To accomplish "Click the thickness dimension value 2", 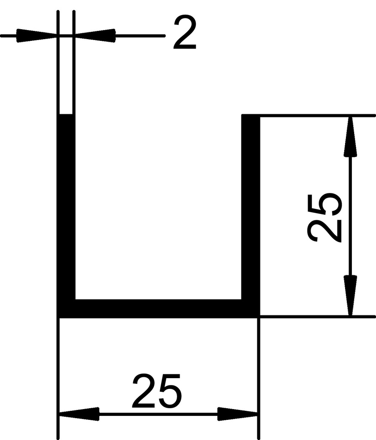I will tap(185, 33).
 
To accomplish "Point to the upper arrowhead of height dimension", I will tap(351, 136).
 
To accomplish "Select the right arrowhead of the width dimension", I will tap(238, 414).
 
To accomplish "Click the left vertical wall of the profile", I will tap(66, 206).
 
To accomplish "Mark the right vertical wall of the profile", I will tap(251, 206).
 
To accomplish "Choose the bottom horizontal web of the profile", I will tap(158, 309).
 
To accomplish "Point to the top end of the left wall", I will tap(66, 115).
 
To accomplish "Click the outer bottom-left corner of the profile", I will tap(58, 317).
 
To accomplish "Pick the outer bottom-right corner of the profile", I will tap(259, 317).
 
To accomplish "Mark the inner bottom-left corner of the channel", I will tap(75, 299).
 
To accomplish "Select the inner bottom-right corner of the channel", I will tap(242, 299).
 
